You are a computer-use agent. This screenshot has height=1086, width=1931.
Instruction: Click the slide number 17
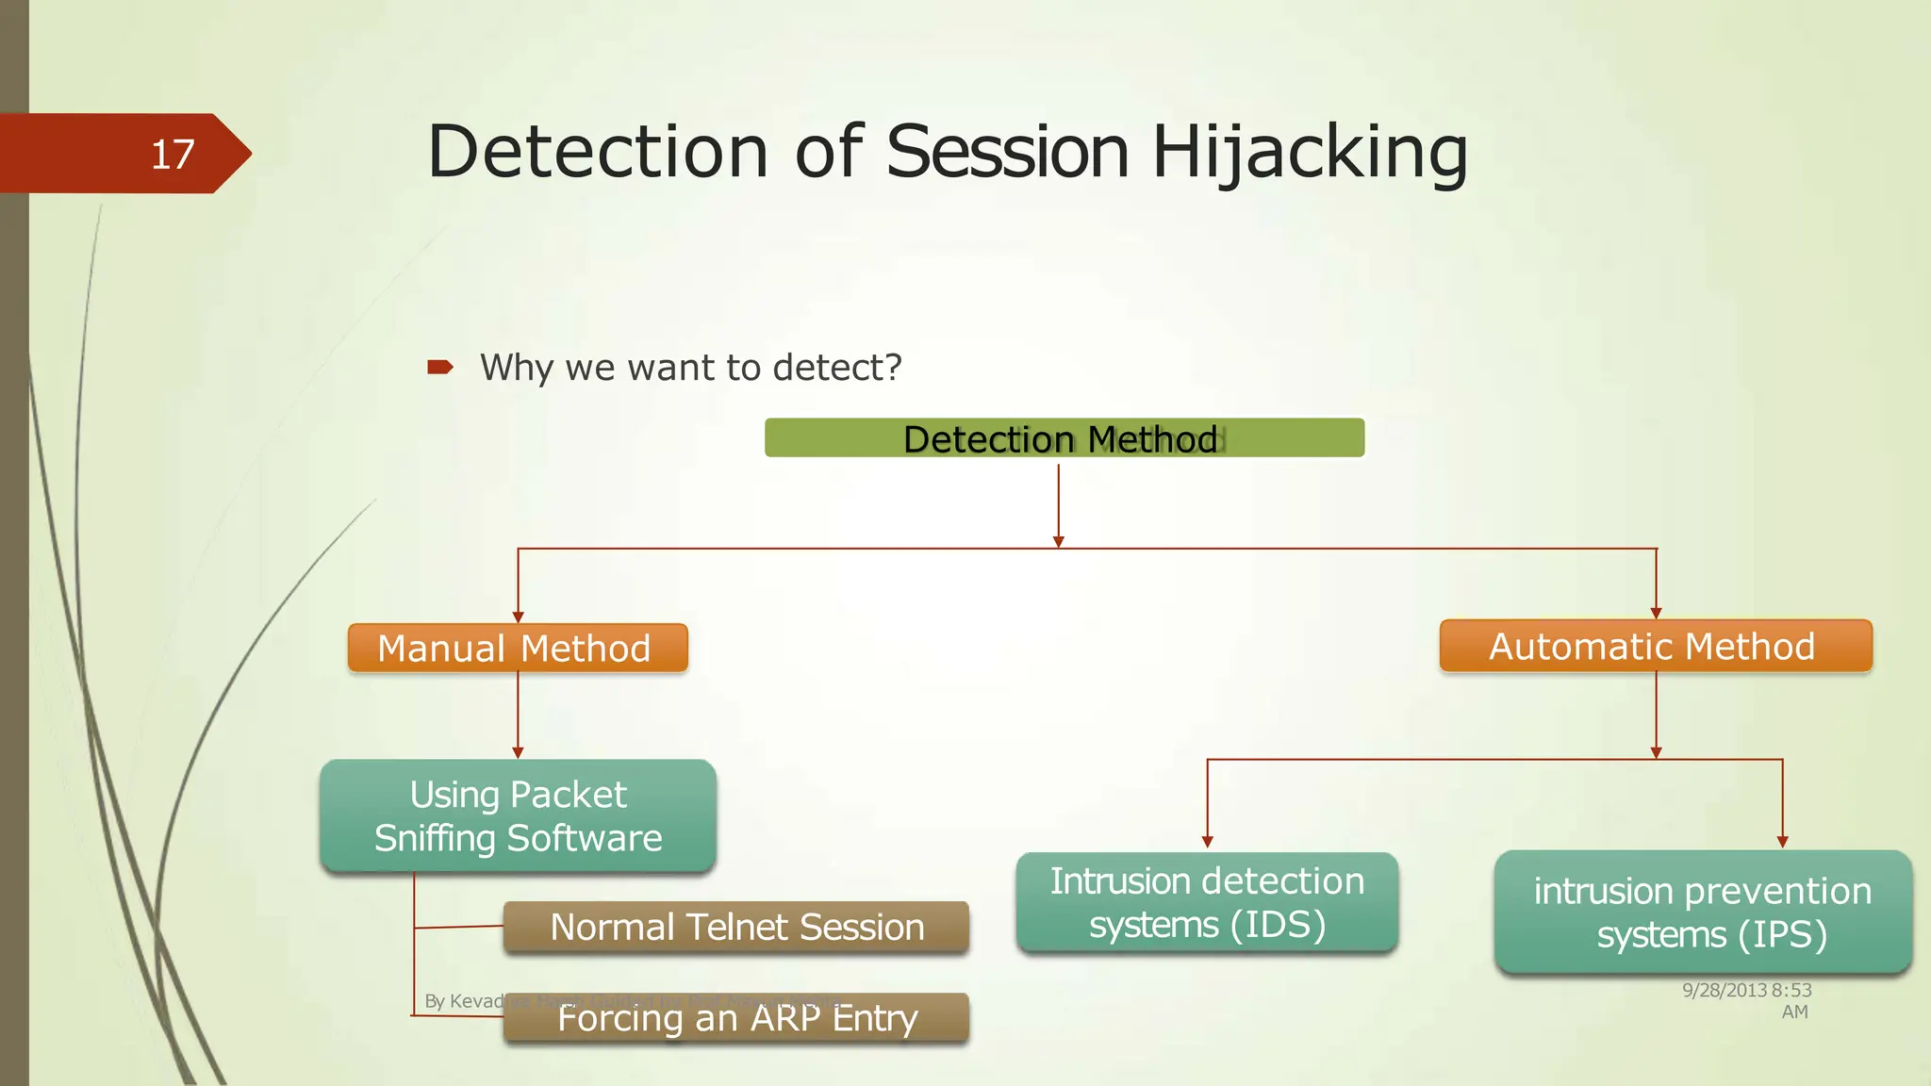(173, 154)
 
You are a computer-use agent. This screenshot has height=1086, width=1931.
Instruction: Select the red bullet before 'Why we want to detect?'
(439, 367)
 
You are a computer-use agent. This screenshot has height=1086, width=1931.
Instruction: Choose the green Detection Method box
(1064, 438)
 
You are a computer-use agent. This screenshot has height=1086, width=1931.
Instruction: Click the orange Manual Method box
(517, 648)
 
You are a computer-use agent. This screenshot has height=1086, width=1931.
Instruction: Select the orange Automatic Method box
(1655, 646)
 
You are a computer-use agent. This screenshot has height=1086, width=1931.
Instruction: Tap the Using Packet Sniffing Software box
(518, 815)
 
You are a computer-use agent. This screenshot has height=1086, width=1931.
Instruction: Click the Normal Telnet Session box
(735, 927)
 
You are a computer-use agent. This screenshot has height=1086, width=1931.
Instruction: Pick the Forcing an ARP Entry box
(735, 1018)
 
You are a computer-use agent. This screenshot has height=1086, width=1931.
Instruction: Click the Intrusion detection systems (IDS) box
(1207, 902)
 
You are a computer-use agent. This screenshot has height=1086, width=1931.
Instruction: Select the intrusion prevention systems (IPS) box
(1702, 912)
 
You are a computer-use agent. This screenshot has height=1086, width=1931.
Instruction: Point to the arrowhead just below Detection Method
(1059, 541)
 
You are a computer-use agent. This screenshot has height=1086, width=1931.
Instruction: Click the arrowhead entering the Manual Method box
(518, 617)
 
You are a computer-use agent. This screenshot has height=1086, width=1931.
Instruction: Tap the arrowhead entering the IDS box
(1207, 841)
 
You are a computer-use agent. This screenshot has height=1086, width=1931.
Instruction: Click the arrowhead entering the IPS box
(1782, 841)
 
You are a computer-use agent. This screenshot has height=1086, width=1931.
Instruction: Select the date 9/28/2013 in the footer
(1724, 990)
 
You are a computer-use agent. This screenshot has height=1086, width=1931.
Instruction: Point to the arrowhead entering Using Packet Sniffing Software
(518, 752)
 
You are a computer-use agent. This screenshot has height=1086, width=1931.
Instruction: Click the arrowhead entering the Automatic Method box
(1656, 613)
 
